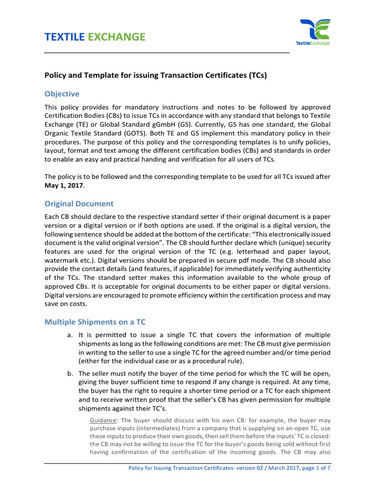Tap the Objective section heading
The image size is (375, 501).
62,93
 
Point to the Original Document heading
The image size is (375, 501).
79,204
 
